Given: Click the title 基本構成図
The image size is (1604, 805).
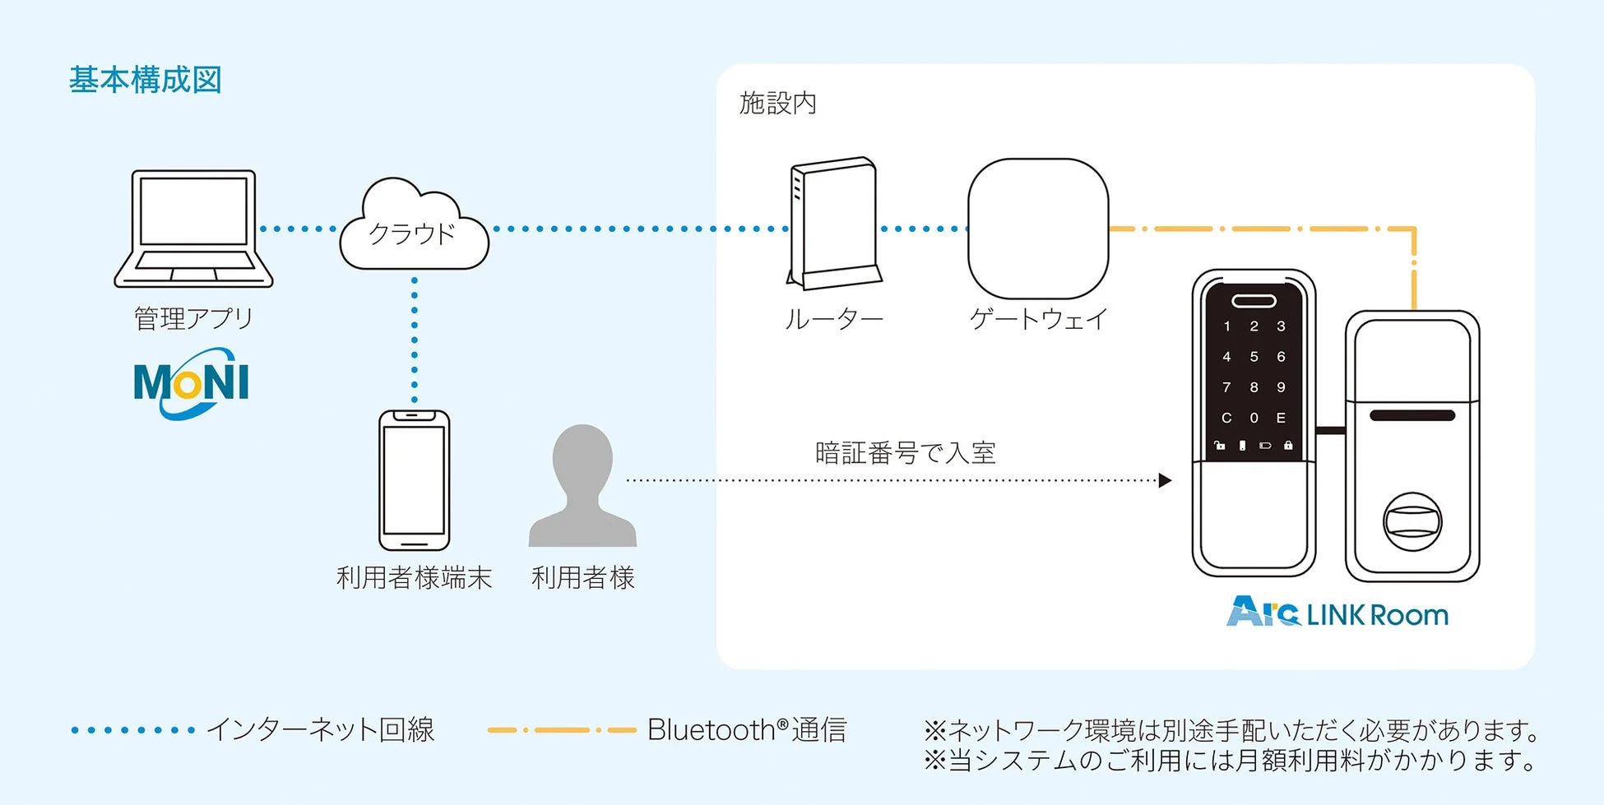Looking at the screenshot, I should coord(146,80).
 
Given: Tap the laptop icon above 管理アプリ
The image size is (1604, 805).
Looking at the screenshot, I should coord(193,228).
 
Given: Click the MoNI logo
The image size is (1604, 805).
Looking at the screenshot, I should coord(191,382).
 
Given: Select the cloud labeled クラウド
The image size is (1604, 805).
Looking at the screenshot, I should coord(414,228).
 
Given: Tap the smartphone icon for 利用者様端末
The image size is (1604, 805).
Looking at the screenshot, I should coord(414,480).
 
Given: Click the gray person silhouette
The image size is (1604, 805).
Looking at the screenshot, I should coord(582,487).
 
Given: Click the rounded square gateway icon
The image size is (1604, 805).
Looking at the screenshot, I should coord(1038,229).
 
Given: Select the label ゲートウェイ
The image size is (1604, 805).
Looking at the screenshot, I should coord(1038,318).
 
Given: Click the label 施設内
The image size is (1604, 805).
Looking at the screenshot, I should coord(777,104).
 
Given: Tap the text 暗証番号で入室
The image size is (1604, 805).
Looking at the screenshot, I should coord(905,453).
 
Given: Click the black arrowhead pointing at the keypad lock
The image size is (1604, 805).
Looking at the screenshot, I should coord(1165,480).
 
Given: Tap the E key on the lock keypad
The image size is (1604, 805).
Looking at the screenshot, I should coord(1281,418).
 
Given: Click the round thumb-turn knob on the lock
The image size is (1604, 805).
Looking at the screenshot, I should coord(1412,521).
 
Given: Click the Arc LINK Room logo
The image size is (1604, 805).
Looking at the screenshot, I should coord(1337,613).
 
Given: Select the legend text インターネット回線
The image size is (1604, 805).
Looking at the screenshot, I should coord(320,729).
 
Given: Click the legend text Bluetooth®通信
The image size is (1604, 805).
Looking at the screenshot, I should coord(747,729).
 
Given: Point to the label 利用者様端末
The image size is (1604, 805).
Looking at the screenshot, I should coord(414,577).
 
